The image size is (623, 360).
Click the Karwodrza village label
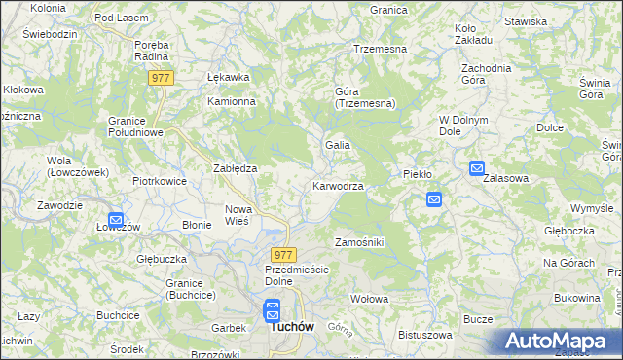pyautogui.click(x=339, y=186)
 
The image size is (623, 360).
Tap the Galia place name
pyautogui.click(x=338, y=145)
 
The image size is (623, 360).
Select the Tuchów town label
pyautogui.click(x=291, y=328)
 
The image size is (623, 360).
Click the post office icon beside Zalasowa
pyautogui.click(x=477, y=168)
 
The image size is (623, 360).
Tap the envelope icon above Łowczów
pyautogui.click(x=116, y=221)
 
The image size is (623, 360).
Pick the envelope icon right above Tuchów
pyautogui.click(x=273, y=310)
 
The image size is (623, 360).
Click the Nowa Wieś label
pyautogui.click(x=238, y=215)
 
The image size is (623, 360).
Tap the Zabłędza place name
pyautogui.click(x=235, y=168)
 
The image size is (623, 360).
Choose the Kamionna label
pyautogui.click(x=231, y=101)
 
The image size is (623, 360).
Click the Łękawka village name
pyautogui.click(x=229, y=77)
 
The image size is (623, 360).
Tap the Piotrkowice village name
pyautogui.click(x=160, y=181)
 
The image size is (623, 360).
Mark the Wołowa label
pyautogui.click(x=370, y=299)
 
